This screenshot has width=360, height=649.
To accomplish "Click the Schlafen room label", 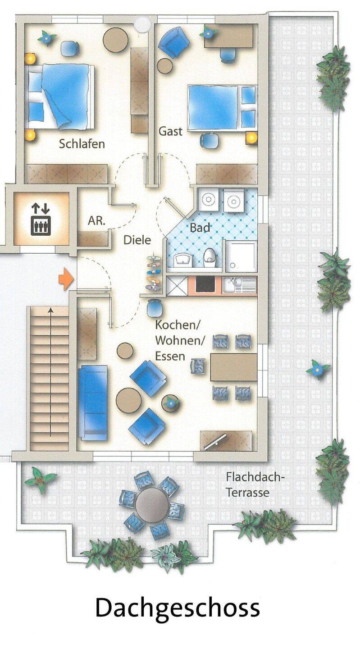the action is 82,144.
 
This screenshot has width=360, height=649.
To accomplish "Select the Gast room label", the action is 171,132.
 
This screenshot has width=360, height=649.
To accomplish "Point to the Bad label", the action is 200,228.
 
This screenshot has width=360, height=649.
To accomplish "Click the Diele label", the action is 137,240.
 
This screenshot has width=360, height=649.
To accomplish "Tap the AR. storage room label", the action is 96,221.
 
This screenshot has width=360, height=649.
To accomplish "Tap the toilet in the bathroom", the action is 210,258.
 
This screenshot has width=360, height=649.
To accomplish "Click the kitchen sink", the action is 239,284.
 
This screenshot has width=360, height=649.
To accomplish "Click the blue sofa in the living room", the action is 93,403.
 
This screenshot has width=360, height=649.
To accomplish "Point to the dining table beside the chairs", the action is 234,367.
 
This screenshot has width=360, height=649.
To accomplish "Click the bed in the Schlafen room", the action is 60,97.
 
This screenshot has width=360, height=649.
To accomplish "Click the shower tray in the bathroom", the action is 241,256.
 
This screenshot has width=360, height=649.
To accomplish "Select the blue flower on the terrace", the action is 318,370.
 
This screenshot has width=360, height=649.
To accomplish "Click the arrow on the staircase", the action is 51,372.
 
